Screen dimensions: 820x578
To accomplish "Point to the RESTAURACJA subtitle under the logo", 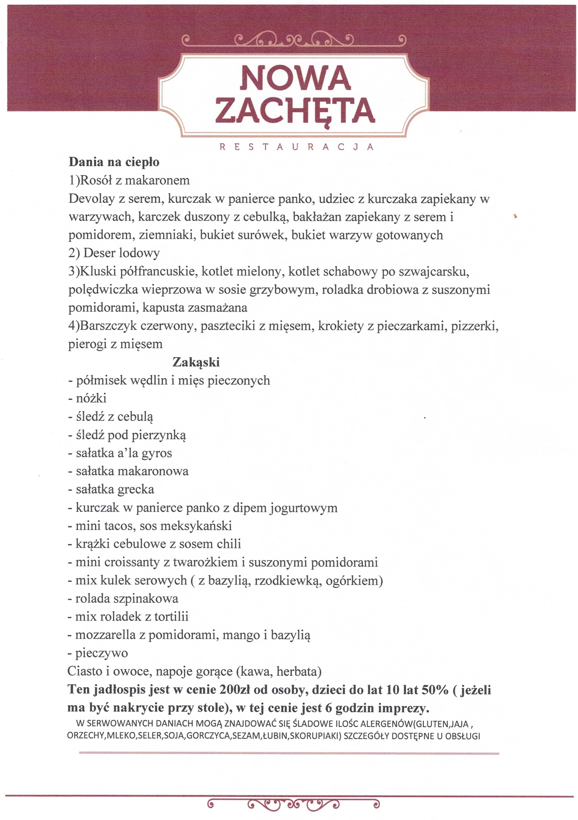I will [296, 147].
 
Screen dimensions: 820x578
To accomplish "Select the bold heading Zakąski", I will [196, 362].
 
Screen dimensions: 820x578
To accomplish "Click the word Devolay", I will [91, 198].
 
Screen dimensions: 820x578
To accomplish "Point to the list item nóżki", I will [91, 398].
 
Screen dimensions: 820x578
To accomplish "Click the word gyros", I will [157, 453].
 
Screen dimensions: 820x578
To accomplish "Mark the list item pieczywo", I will [101, 653].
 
